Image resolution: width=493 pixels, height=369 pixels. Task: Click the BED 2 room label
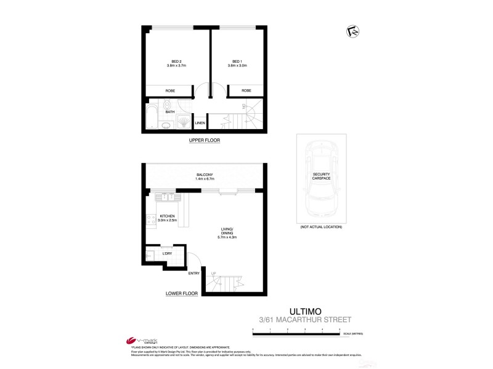coord(176,61)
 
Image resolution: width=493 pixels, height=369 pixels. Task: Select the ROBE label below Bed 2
coord(170,91)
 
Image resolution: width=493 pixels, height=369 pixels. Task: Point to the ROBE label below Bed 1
coord(246,91)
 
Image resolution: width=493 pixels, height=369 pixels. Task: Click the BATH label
coord(170,112)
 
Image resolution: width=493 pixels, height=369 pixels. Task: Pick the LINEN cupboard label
coord(200,123)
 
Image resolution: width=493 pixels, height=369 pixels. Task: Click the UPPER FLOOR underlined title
coord(204,141)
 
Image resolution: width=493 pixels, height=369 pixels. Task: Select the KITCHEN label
coord(168,216)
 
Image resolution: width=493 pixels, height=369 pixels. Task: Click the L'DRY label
coord(166,253)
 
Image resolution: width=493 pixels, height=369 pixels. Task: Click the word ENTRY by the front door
coord(194,273)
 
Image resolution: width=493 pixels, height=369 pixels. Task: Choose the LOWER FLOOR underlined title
coord(181,294)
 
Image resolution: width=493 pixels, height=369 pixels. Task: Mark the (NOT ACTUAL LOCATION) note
coord(320,227)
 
